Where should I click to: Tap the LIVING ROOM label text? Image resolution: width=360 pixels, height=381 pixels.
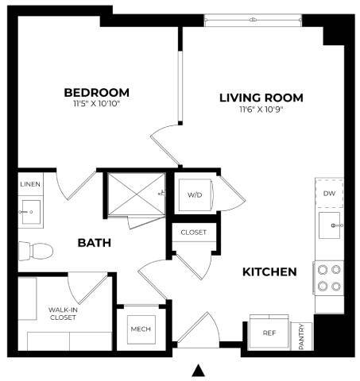click(x=261, y=98)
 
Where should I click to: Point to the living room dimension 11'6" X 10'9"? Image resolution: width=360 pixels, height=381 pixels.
click(x=261, y=109)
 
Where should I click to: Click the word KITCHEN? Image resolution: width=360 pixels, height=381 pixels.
click(x=269, y=271)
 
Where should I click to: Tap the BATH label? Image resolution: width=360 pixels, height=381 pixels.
click(x=94, y=243)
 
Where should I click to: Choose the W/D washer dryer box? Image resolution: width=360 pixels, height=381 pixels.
click(x=195, y=194)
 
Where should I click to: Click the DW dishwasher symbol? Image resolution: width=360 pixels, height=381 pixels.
click(x=328, y=193)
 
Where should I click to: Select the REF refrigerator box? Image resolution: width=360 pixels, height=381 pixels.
click(x=269, y=333)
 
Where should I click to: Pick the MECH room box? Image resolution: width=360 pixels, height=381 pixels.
click(x=141, y=329)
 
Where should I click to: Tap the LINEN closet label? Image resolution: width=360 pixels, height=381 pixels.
click(x=29, y=184)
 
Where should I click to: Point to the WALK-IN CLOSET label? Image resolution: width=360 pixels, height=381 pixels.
click(x=62, y=313)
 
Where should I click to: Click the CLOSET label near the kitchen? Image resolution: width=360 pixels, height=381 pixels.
click(x=193, y=233)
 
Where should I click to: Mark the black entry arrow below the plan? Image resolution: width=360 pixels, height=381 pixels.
click(x=199, y=369)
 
